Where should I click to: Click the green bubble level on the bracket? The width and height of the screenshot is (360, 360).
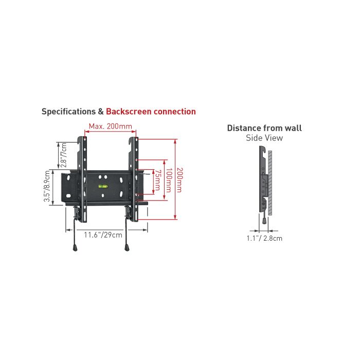103,186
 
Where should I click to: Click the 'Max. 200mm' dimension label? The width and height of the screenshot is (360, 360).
111,127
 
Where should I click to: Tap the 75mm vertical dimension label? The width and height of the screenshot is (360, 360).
157,180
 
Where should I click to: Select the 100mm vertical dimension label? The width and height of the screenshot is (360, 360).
169,180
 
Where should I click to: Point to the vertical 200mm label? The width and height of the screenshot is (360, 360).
180,180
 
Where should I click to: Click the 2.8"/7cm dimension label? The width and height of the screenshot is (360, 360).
64,155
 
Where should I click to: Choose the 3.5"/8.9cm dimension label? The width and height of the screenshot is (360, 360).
47,186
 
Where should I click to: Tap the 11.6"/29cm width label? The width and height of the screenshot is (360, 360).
103,235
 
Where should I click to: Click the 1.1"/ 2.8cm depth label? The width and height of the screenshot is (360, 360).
264,238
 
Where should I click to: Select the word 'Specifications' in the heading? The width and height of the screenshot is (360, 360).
68,112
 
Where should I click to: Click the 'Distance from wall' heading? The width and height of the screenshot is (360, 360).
264,128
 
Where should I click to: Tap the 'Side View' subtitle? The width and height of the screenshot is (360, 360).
264,138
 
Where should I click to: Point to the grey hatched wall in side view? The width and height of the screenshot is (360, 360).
270,183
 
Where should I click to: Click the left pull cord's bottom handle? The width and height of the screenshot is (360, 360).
75,248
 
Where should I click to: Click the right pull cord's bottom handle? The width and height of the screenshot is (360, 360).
127,248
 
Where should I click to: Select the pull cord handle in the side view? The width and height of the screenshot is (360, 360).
264,221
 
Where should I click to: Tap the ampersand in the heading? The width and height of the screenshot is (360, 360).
101,112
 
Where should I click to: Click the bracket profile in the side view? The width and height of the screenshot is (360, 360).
262,179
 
